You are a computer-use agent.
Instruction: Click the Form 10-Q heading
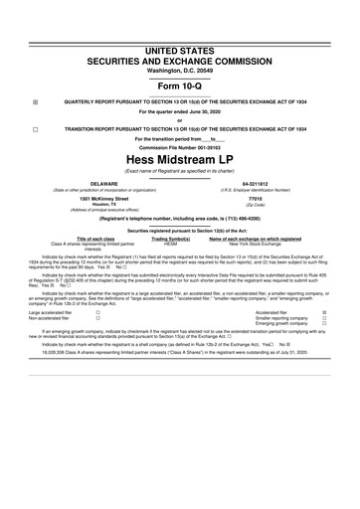pos(179,81)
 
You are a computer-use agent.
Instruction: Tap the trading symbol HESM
pos(170,245)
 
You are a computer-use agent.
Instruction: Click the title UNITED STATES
pos(179,36)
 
